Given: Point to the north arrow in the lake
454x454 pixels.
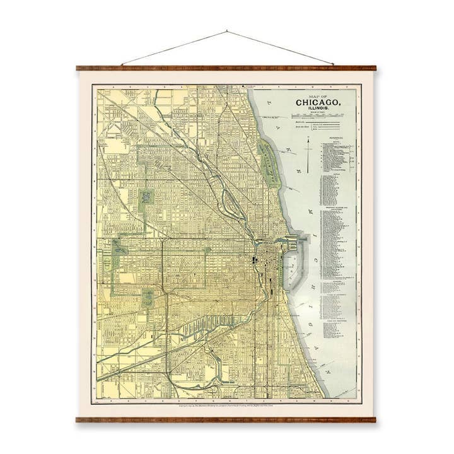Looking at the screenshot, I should click(x=308, y=155).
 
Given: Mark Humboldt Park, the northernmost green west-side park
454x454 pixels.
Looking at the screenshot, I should click(x=146, y=197).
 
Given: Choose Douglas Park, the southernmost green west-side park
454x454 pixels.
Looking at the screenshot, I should click(x=148, y=296).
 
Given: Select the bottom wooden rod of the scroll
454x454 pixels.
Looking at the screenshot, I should click(x=227, y=419).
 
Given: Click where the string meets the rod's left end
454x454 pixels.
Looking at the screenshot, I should click(x=122, y=66).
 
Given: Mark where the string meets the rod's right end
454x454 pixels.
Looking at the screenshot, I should click(x=333, y=66).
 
